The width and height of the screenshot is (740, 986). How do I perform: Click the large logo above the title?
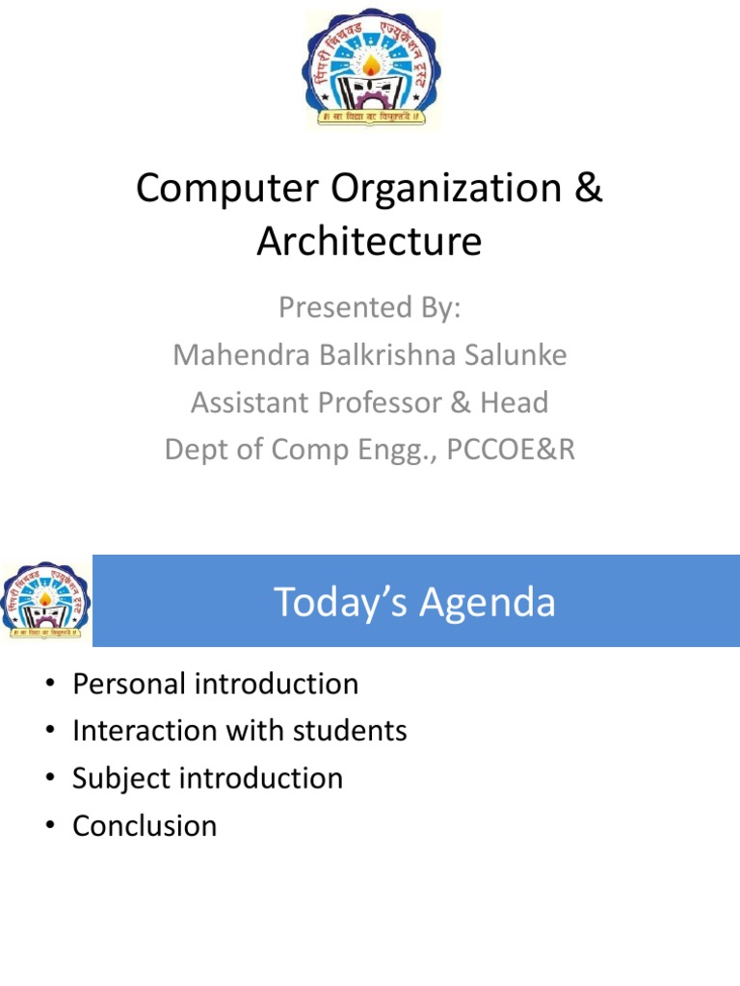tap(371, 70)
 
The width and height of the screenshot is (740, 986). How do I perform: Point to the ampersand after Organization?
tap(588, 189)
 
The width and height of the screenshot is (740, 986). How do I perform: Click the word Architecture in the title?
tap(369, 241)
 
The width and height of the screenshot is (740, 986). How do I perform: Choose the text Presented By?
tap(370, 308)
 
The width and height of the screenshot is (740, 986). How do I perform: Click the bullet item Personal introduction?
tap(216, 685)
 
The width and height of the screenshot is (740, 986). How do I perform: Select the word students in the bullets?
tap(354, 732)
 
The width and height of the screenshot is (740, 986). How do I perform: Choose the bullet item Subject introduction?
tap(208, 779)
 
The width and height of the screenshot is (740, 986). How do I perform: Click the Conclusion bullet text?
tap(145, 826)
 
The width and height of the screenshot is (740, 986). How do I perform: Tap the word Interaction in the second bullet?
tap(145, 732)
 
